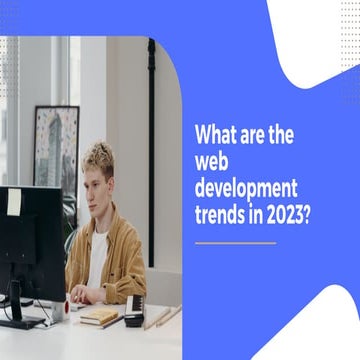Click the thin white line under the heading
coord(235,243)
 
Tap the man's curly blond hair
coord(99,155)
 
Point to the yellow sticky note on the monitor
coord(14,202)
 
